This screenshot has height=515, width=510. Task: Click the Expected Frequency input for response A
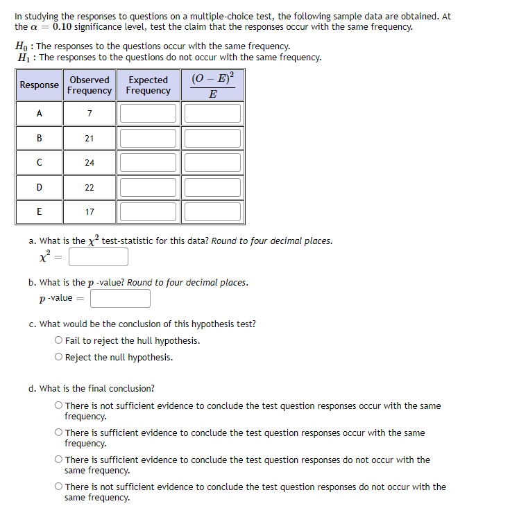[x=148, y=113]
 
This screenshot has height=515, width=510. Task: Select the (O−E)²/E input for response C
[x=213, y=162]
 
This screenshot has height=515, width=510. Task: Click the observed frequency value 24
[x=90, y=163]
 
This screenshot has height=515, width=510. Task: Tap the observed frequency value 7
[x=90, y=114]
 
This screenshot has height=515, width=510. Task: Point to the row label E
[x=39, y=212]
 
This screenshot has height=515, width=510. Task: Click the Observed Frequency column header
[x=90, y=85]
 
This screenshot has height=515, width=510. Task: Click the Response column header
[x=39, y=85]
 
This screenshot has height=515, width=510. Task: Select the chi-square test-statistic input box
[x=99, y=257]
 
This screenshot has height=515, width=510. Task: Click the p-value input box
[x=120, y=298]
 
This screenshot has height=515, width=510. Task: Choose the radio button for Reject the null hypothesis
[x=59, y=358]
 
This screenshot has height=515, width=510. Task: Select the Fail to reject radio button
[x=59, y=341]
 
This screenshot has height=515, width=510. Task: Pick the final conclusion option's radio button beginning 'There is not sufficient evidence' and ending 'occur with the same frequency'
[x=59, y=406]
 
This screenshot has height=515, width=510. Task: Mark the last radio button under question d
[x=59, y=487]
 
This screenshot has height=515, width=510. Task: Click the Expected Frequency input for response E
[x=148, y=211]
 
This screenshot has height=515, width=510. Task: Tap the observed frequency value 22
[x=90, y=187]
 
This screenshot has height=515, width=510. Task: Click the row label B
[x=39, y=138]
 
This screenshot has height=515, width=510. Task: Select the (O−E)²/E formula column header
[x=213, y=85]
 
